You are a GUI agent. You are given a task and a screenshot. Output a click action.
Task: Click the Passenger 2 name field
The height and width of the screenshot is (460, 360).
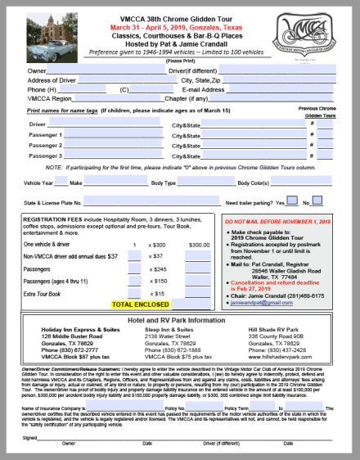115,145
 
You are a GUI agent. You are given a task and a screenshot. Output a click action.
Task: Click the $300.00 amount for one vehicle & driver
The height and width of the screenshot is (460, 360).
199,244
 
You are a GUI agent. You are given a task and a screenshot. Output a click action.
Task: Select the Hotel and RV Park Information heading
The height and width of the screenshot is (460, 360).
179,319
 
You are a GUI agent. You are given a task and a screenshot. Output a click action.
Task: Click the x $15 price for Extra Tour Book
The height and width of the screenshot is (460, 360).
160,292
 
